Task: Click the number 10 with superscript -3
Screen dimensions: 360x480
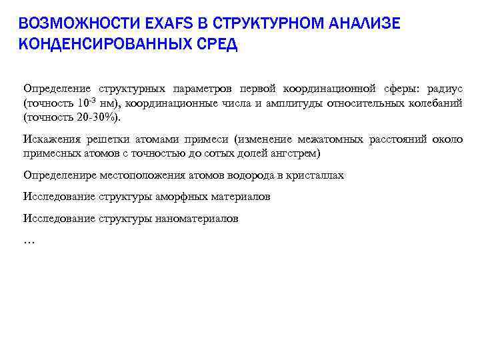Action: [x=84, y=103]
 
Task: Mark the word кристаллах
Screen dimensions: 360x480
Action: [x=316, y=175]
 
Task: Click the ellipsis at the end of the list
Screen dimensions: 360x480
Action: [x=29, y=241]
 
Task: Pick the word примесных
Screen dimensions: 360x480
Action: [x=51, y=153]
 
